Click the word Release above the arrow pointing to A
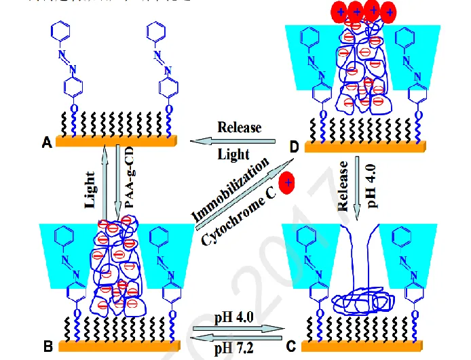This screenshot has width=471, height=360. click(x=239, y=127)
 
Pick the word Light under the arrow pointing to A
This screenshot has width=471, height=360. click(x=233, y=155)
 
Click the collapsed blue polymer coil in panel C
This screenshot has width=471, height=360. click(x=362, y=298)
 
